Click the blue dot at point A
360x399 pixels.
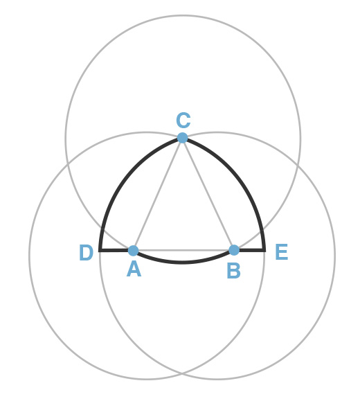(133, 251)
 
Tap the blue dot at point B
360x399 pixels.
(234, 250)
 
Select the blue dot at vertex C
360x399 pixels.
(183, 138)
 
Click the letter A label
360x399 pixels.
(134, 269)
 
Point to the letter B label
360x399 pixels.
(233, 272)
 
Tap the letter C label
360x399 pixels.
(183, 120)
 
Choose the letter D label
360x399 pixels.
(86, 252)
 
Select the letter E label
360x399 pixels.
(282, 252)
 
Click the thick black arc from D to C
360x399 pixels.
(127, 178)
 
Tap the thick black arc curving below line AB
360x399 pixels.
(182, 263)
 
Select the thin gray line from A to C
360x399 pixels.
(158, 194)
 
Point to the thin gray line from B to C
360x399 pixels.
(208, 194)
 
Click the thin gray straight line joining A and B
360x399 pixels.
(183, 251)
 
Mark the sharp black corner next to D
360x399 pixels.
(100, 251)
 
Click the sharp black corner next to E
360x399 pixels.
(265, 251)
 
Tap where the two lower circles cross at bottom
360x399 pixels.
(182, 373)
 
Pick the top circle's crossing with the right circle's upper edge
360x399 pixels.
(297, 165)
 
